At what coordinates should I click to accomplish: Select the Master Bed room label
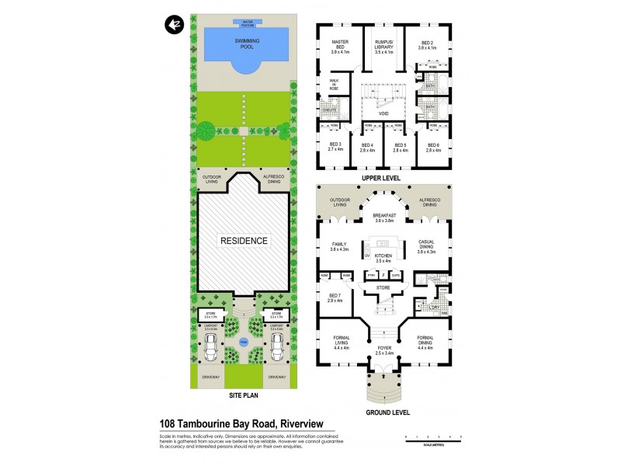pyautogui.click(x=342, y=46)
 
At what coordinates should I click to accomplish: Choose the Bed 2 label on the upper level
pyautogui.click(x=428, y=46)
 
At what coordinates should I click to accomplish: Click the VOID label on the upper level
pyautogui.click(x=383, y=113)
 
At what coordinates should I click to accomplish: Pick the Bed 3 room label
pyautogui.click(x=335, y=147)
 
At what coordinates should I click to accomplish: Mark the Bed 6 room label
pyautogui.click(x=428, y=147)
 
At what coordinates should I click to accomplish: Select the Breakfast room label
pyautogui.click(x=384, y=218)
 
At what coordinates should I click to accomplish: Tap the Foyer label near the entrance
pyautogui.click(x=384, y=349)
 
